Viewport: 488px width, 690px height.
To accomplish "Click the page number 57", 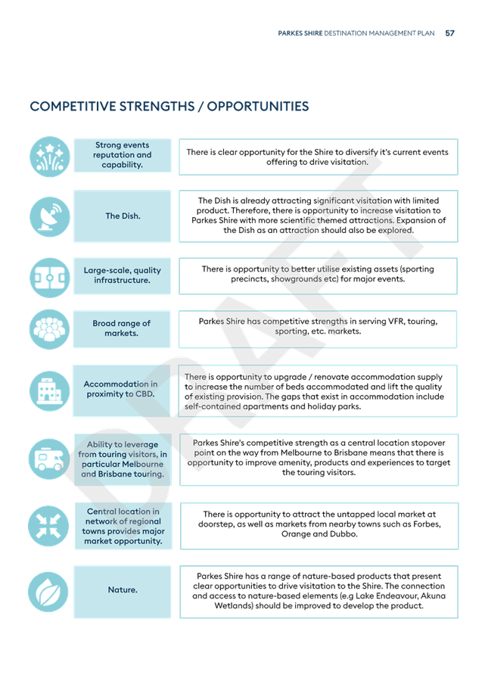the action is tap(449, 33).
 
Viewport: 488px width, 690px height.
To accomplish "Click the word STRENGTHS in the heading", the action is tap(157, 107).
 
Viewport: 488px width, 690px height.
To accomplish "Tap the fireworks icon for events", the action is tap(50, 157).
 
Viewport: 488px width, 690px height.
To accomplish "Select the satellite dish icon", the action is tap(50, 216).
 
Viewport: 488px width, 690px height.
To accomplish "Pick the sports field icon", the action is tap(50, 278).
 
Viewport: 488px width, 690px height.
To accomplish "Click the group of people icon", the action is tap(50, 329).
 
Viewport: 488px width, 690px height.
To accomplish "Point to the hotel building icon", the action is tap(50, 390).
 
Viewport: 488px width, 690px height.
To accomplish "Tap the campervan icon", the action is tap(49, 459).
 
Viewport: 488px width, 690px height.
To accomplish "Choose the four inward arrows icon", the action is tap(48, 526).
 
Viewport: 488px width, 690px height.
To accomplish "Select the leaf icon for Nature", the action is tap(48, 592).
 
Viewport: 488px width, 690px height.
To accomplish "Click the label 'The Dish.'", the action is tap(123, 216).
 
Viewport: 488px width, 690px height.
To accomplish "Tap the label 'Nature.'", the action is tap(123, 589).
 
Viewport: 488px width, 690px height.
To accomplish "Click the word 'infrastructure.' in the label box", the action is tap(122, 280).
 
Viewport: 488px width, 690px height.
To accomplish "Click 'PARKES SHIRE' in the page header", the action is tap(300, 33).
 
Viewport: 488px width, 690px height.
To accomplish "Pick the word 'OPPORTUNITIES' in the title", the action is tap(258, 107).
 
